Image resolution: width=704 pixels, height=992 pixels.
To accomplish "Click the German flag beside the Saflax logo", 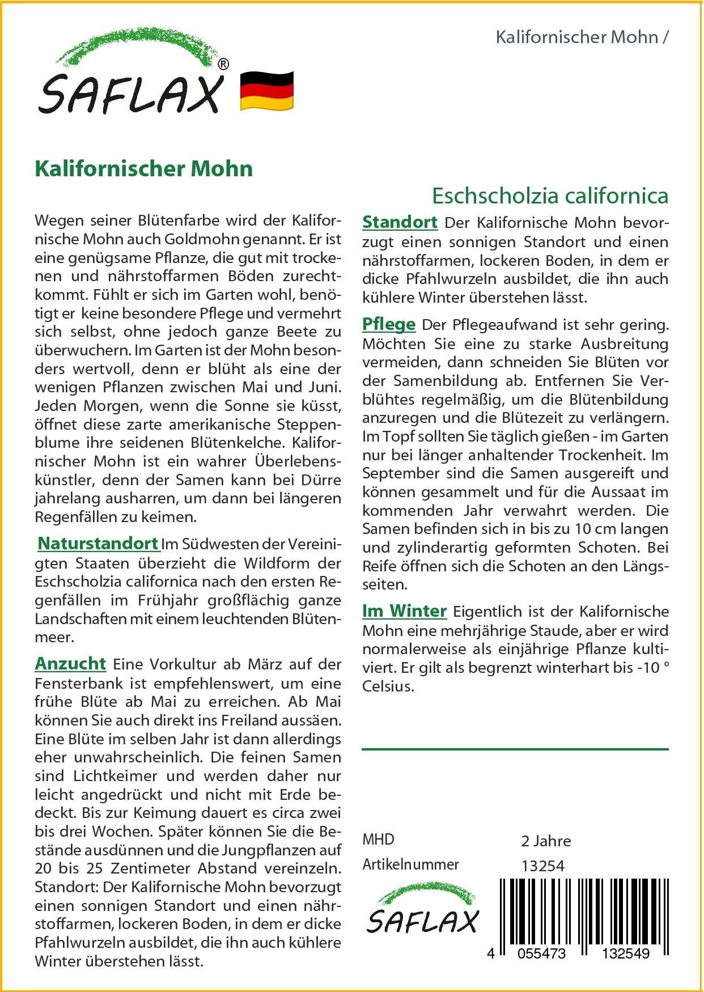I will coord(266,91).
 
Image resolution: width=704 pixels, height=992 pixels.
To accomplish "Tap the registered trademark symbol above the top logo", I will coord(223,65).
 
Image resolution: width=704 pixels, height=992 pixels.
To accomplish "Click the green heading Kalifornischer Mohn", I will coord(143,169).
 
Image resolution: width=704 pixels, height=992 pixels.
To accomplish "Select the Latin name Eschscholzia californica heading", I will coord(550,196).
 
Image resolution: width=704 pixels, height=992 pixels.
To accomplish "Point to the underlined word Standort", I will coord(400,222).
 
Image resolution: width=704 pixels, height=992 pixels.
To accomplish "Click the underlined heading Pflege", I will coord(389,325).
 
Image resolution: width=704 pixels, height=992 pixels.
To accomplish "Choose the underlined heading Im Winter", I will coord(404,611).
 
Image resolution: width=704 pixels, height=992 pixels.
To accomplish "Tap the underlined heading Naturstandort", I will coord(98,544).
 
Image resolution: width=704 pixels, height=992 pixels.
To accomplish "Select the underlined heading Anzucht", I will coord(70,664).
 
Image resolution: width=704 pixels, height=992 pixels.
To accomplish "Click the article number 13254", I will coord(542,866).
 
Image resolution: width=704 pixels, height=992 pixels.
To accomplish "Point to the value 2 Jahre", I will coord(545,841).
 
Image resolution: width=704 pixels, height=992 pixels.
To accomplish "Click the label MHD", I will coord(378,840).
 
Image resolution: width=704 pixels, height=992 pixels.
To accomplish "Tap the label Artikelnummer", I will coord(410,864).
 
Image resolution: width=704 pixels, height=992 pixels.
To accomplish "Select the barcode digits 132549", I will coord(625,953).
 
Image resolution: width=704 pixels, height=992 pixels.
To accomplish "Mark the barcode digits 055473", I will coord(541,953).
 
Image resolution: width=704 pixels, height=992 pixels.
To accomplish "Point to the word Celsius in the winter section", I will coord(387,686).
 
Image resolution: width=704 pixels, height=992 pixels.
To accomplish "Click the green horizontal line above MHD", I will coord(515,749).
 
